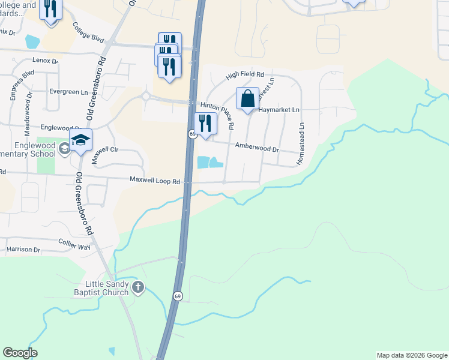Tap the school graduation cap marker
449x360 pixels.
click(79, 140)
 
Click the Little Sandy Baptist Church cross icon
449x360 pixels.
click(138, 287)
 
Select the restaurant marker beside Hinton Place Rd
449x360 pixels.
click(205, 124)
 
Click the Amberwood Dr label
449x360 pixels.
click(257, 148)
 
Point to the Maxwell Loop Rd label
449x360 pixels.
click(155, 181)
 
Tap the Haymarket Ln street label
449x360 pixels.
click(279, 110)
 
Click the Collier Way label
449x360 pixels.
click(74, 240)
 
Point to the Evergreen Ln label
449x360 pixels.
click(69, 92)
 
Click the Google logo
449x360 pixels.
click(20, 353)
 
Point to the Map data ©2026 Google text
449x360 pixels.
click(412, 355)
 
